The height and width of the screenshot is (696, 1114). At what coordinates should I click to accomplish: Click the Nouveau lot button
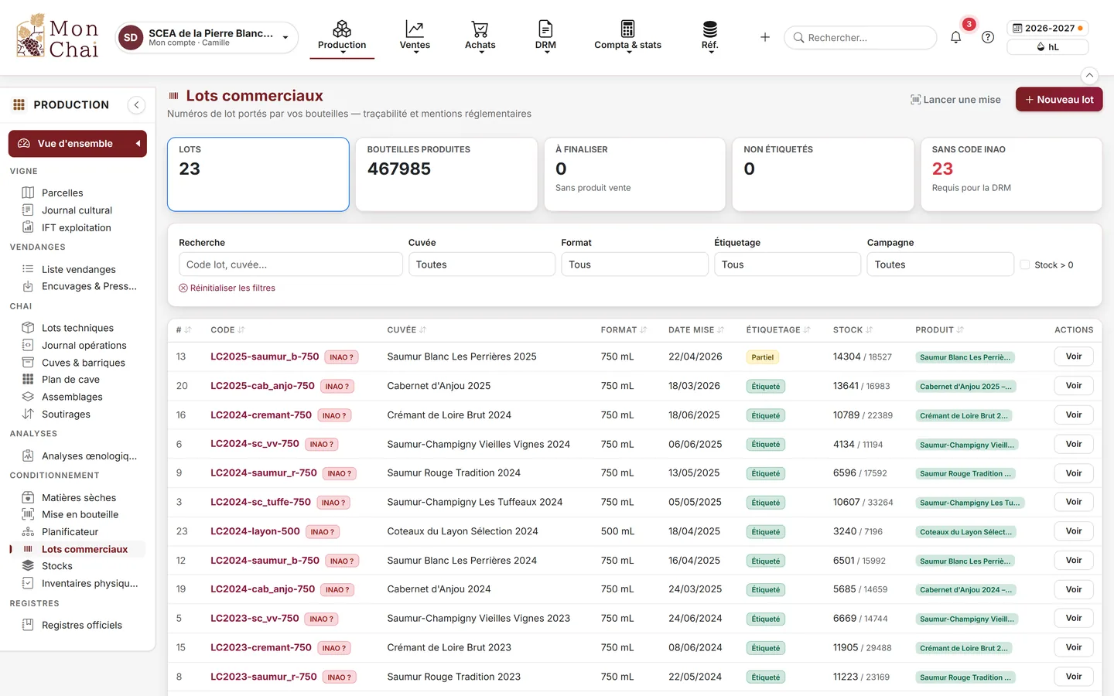click(1059, 100)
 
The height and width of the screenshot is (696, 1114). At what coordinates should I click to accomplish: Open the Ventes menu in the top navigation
click(415, 36)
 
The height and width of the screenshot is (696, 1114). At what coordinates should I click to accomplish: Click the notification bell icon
click(955, 37)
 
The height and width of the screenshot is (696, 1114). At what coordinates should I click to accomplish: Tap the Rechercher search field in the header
click(860, 37)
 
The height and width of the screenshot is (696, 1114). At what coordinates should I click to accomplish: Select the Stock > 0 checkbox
click(1024, 264)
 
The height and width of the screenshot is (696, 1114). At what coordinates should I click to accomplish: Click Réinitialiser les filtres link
click(227, 288)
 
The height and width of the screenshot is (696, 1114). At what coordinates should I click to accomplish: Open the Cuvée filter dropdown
click(481, 264)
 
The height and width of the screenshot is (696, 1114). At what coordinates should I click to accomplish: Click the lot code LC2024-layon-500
click(255, 531)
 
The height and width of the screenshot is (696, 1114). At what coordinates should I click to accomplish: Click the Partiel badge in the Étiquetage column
click(763, 357)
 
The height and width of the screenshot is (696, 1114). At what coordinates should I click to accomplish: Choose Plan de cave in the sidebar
click(70, 379)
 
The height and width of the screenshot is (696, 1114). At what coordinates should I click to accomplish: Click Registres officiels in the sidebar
click(81, 625)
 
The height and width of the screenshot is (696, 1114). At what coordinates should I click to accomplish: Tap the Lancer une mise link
click(955, 100)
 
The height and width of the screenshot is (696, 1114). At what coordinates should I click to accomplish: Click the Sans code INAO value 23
click(942, 169)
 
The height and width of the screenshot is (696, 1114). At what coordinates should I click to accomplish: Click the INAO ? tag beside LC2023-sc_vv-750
click(321, 619)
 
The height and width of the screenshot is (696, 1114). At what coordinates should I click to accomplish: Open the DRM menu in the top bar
click(545, 36)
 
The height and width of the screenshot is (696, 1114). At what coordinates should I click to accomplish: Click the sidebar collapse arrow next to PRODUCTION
click(136, 105)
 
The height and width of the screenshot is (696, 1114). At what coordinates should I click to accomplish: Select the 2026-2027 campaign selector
click(1047, 29)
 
